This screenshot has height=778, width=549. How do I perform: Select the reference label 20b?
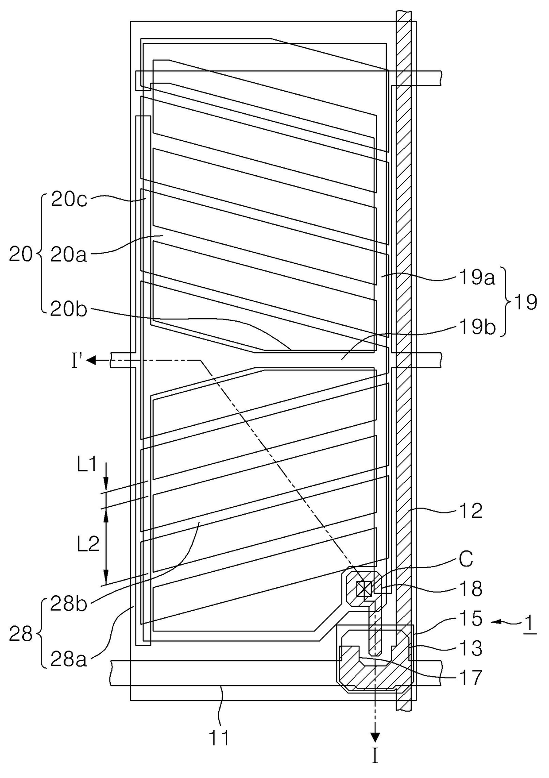pos(69,309)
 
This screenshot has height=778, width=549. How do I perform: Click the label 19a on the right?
pos(476,278)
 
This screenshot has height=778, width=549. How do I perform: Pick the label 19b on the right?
pos(476,328)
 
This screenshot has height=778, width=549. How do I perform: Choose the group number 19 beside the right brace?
pos(525,303)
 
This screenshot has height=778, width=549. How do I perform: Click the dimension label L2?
pos(88,544)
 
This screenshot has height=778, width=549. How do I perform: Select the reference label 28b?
pos(68,604)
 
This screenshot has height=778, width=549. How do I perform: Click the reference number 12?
pos(471,511)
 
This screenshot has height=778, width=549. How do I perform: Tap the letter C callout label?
pos(466,560)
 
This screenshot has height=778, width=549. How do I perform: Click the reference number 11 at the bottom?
pos(219,738)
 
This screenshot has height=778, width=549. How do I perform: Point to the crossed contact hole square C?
pos(363,589)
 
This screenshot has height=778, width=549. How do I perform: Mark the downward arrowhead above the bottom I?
pos(375,737)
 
